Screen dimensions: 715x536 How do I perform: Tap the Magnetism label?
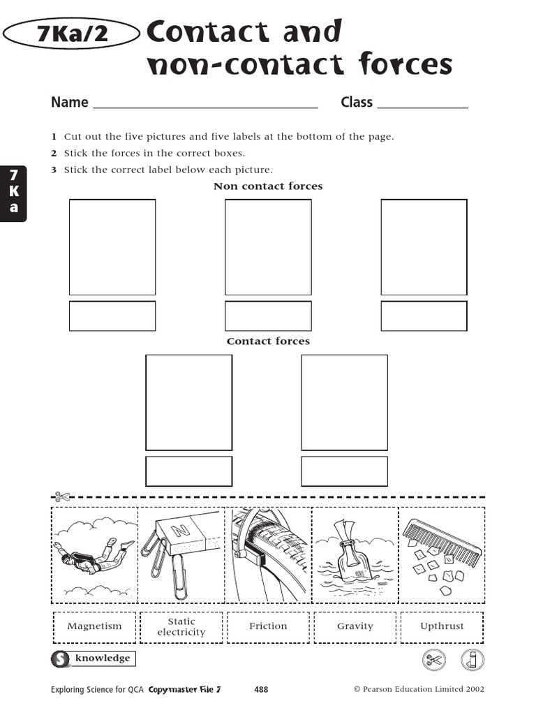click(x=94, y=626)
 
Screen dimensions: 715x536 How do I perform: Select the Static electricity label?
click(x=181, y=626)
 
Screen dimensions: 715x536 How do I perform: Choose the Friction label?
click(x=268, y=626)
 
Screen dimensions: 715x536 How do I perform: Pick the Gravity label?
click(x=355, y=626)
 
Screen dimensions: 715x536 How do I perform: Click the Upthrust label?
click(x=442, y=626)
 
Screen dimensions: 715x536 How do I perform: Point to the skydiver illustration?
click(x=94, y=555)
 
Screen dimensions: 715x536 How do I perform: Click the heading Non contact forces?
click(x=268, y=186)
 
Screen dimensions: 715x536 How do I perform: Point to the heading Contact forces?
click(x=268, y=341)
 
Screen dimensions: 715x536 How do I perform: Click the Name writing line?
click(x=205, y=106)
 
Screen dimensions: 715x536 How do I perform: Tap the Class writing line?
click(x=422, y=106)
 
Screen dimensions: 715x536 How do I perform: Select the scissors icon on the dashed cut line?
click(x=61, y=497)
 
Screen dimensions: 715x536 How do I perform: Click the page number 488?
click(x=261, y=690)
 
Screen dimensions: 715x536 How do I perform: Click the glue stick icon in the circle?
click(x=472, y=658)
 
